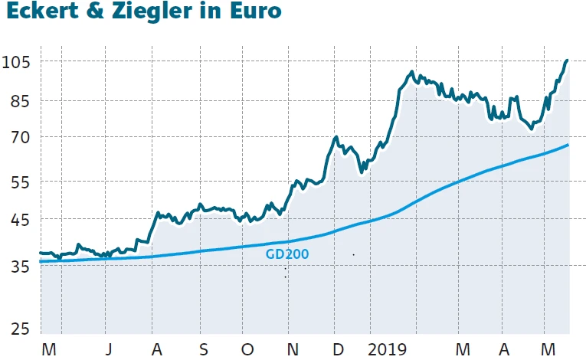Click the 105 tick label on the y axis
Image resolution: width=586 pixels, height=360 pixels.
point(17,61)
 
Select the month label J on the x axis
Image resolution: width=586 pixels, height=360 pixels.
point(108,349)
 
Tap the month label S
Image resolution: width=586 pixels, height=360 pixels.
point(203,349)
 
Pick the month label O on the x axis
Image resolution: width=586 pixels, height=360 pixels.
point(247,349)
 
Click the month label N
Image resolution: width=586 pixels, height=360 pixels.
point(292,349)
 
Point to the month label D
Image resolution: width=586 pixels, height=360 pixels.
point(337,349)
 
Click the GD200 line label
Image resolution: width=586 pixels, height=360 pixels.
point(287,254)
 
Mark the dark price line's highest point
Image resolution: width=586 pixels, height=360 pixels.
point(567,60)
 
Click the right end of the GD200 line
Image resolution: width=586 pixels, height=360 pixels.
point(568,145)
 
